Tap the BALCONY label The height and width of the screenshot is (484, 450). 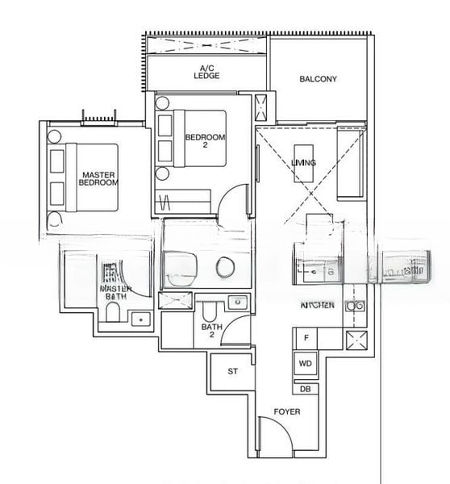(x=318, y=79)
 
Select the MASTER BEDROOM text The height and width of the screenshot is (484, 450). (x=98, y=178)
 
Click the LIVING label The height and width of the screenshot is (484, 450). (x=304, y=163)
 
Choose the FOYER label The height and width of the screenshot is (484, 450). (x=287, y=411)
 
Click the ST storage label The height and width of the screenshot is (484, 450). (x=233, y=372)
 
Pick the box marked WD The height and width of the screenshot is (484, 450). (x=306, y=364)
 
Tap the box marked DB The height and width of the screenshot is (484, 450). (x=306, y=389)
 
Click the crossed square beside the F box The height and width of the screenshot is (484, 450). (x=355, y=340)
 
